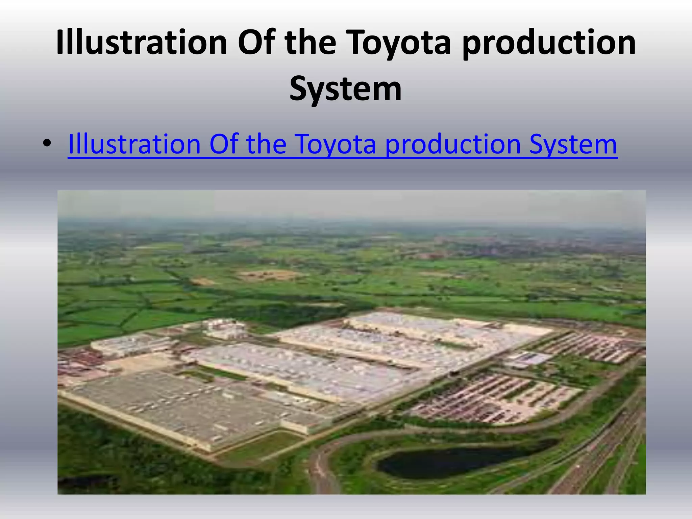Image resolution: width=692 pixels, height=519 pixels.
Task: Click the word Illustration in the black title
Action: (x=142, y=43)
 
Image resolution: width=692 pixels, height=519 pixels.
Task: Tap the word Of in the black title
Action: (x=257, y=43)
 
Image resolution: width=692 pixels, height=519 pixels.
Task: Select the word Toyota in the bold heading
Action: (x=398, y=43)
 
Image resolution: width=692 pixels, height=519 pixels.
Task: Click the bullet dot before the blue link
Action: (x=47, y=144)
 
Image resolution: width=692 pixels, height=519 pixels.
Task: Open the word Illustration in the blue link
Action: (x=134, y=145)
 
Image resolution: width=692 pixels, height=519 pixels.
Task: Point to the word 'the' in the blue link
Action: (x=266, y=145)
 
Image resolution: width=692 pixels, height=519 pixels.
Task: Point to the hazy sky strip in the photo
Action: (x=351, y=203)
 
